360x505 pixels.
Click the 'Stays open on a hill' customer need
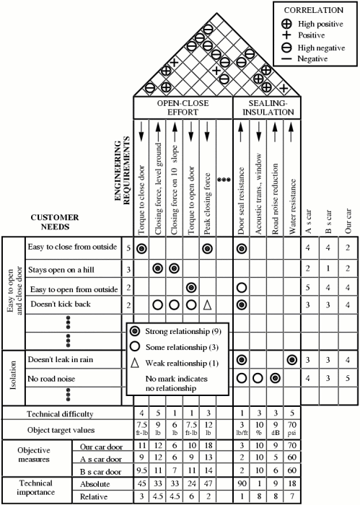tap(61, 270)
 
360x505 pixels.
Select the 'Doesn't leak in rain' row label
tap(61, 359)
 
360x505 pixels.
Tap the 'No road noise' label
tap(51, 379)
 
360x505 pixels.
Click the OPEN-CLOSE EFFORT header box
tap(183, 108)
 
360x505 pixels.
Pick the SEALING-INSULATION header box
tap(267, 108)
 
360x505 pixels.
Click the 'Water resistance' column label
tap(292, 207)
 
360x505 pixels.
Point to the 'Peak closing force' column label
tap(207, 204)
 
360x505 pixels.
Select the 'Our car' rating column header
tap(348, 221)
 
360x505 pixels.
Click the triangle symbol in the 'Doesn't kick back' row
tap(207, 304)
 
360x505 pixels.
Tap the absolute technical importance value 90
tap(242, 484)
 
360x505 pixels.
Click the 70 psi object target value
tap(292, 429)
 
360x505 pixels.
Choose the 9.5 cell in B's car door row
tap(141, 470)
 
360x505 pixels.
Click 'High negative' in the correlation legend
tap(321, 48)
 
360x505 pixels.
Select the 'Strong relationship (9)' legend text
tap(183, 331)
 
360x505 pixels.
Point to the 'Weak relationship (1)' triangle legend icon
tap(135, 363)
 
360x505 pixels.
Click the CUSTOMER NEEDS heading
tap(55, 222)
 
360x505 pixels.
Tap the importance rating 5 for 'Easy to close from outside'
tap(128, 248)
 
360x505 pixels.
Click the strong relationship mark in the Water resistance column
tap(292, 360)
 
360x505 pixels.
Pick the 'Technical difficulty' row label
tap(60, 414)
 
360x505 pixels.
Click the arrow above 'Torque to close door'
tap(141, 132)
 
